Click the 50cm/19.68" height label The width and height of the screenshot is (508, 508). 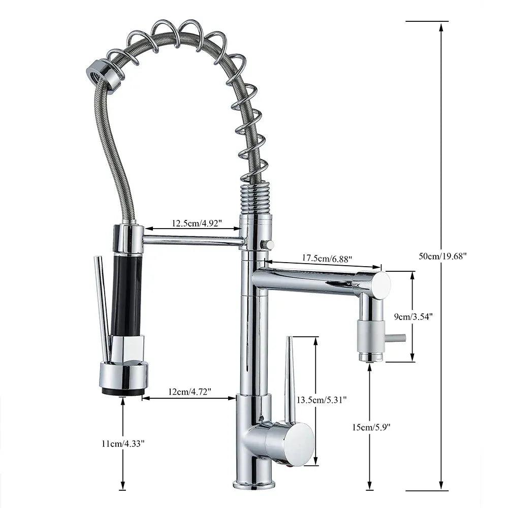tap(442, 256)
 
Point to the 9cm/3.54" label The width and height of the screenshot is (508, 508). tap(414, 316)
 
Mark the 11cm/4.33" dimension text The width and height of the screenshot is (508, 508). tap(122, 443)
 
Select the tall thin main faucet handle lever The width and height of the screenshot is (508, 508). tap(290, 378)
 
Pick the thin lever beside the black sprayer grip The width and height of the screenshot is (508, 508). tap(103, 305)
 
